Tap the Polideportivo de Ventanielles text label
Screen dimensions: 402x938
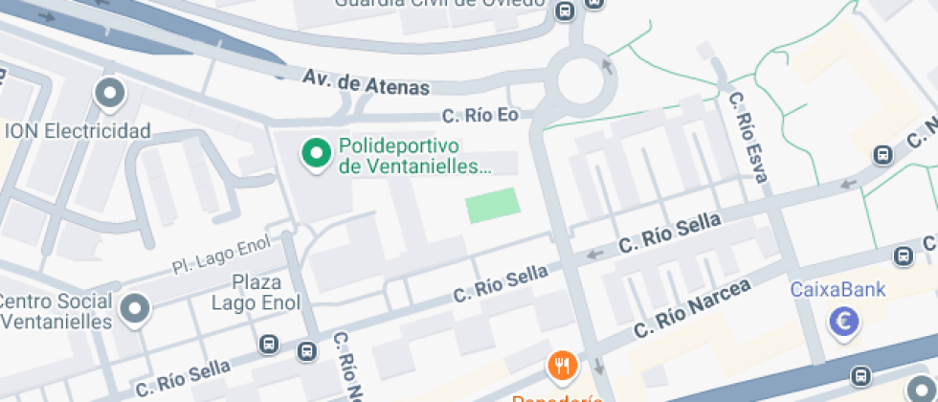tap(413, 157)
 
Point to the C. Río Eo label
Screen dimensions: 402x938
tap(480, 116)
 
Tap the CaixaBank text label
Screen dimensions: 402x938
tap(837, 289)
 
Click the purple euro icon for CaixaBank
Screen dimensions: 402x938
tap(844, 324)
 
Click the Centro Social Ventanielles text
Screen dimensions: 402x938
tap(56, 311)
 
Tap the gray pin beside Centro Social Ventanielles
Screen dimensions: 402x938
tap(138, 309)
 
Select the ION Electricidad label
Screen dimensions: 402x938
tap(78, 130)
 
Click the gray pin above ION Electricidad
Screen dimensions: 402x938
tap(110, 95)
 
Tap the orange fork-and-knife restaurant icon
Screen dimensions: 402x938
tap(562, 365)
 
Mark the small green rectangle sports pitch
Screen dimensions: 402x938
tap(493, 205)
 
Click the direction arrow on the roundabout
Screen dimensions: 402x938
tap(606, 65)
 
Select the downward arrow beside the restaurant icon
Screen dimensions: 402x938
tap(598, 366)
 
